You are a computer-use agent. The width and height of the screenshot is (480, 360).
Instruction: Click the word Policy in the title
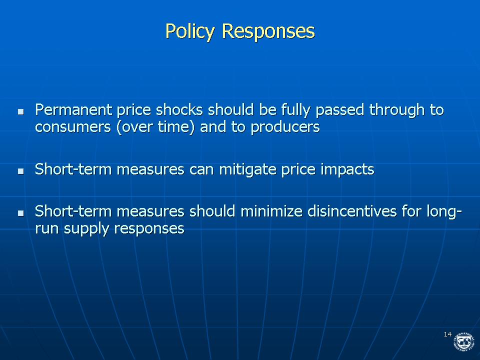(190, 31)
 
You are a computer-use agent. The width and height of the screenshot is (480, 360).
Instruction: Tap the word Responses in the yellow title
(268, 31)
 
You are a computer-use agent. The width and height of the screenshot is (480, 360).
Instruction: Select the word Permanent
(73, 109)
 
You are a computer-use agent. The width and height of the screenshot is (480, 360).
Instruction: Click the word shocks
(179, 109)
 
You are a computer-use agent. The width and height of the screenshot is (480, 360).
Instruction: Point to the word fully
(295, 110)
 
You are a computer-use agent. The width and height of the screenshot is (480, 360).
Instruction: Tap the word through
(397, 110)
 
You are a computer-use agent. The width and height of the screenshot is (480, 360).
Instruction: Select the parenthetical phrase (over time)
(155, 127)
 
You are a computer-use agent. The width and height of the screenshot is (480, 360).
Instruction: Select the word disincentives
(352, 211)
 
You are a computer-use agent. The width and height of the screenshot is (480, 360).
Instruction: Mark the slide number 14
(447, 334)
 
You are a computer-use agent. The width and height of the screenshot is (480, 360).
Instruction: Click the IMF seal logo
(463, 341)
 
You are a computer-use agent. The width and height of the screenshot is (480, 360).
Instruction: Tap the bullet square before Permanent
(21, 111)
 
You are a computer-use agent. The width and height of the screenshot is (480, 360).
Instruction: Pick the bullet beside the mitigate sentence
(21, 171)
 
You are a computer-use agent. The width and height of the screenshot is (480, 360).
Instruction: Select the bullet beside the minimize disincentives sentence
(21, 213)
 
